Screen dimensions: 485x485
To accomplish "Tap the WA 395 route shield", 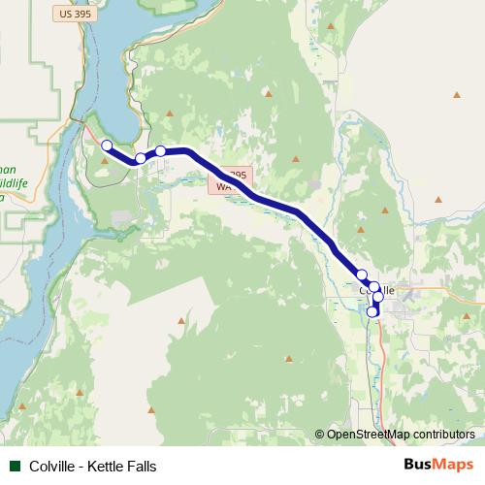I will pos(232,180).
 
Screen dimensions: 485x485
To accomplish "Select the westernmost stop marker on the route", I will pos(107,145).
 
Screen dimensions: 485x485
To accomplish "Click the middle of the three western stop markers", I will pos(141,158).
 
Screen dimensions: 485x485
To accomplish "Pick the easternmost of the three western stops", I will pos(161,150).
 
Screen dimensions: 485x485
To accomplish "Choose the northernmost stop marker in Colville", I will pos(362,275).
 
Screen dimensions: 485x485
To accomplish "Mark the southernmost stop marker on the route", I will pos(372,311).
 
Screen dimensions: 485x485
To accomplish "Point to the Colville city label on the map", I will pos(376,289).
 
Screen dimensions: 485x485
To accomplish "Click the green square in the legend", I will pos(14,467).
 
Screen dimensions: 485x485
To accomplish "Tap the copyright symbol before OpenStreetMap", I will pos(320,435).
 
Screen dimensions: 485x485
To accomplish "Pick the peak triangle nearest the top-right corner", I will pos(456,94).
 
